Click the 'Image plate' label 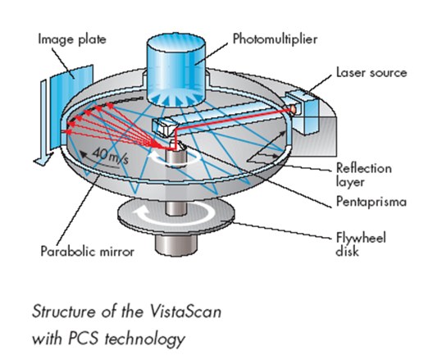click(x=72, y=39)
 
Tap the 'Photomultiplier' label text click(x=276, y=39)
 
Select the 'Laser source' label click(x=371, y=72)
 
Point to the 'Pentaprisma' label click(x=371, y=202)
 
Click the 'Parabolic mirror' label click(x=88, y=251)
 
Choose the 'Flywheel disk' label click(x=361, y=244)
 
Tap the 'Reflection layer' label click(x=363, y=175)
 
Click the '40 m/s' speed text click(x=111, y=157)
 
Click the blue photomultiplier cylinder click(x=175, y=71)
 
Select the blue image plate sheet click(x=71, y=106)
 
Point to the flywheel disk click(x=175, y=216)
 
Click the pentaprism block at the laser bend click(x=165, y=127)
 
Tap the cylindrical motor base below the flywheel click(x=175, y=244)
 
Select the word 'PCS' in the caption click(x=84, y=338)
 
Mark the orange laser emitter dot click(x=293, y=109)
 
